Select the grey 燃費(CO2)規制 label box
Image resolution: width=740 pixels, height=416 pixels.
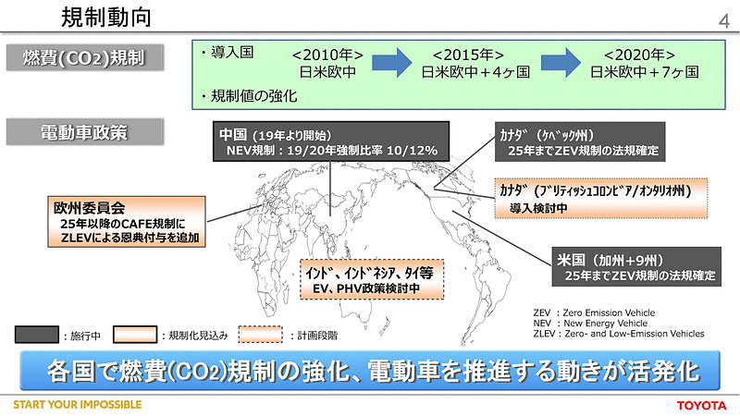pos(89,59)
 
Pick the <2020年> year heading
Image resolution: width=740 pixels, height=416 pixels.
pos(637,53)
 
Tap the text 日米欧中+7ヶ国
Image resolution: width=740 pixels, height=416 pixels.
pos(637,71)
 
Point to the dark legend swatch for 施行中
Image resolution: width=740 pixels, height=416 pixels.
pos(37,334)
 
